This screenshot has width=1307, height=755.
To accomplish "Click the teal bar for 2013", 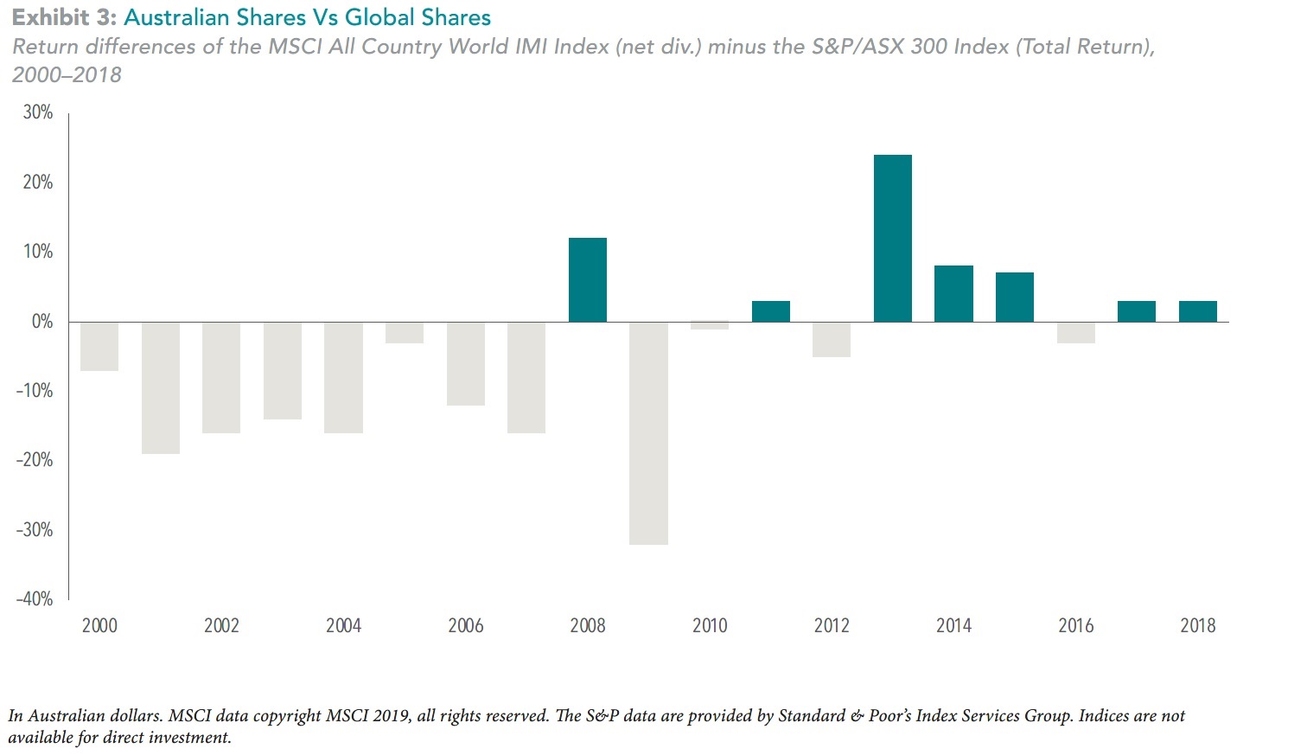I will pos(892,239).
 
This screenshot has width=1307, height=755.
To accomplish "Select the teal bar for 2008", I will pos(588,279).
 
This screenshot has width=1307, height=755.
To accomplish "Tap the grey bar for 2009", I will pos(648,432).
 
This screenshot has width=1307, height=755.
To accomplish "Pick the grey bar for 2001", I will pos(161,387).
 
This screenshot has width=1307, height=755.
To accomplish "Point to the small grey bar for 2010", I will pos(710,325).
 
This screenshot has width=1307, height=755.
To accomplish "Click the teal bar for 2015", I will pos(1014,297).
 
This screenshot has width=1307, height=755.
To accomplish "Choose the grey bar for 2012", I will pos(832,339).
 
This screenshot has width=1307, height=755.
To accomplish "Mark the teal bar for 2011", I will pos(770,311).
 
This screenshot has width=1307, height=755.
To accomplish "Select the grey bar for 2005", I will pos(405,332).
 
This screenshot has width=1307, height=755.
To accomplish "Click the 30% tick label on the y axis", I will pos(38,112).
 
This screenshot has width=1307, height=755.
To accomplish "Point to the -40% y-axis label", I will pos(35,598).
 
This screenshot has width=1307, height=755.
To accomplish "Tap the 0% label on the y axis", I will pos(42,322).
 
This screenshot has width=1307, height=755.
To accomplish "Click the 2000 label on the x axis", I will pos(99,625).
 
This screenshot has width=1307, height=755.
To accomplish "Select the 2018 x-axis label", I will pos(1197,625).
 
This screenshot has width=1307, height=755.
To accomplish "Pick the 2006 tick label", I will pos(465,625).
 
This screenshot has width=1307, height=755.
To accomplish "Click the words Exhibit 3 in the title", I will pos(63,17).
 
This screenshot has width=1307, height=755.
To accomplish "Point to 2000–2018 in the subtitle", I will pos(67,74).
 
